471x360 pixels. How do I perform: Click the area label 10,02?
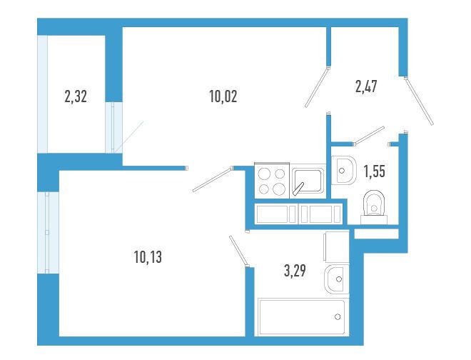223,96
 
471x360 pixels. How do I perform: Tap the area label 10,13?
148,257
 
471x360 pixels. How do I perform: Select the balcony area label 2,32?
76,97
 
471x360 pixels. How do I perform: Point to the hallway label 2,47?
366,86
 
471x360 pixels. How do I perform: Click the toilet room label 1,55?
374,171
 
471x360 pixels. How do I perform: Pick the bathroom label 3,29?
295,271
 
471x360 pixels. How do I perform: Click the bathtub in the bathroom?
302,317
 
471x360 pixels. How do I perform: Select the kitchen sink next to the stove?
308,181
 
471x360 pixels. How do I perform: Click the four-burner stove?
272,181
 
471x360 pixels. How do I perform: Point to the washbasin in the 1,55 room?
344,171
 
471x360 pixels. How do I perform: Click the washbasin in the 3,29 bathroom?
337,279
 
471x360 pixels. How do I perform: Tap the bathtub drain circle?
338,316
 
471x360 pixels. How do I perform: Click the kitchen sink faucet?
298,189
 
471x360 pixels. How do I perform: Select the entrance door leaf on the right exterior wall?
419,101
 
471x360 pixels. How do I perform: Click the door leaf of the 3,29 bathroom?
239,251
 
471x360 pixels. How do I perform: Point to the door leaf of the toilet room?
369,136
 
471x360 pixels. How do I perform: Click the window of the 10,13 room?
48,232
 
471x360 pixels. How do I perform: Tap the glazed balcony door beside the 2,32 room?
113,128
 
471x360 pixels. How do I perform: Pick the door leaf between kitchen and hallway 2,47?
317,88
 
